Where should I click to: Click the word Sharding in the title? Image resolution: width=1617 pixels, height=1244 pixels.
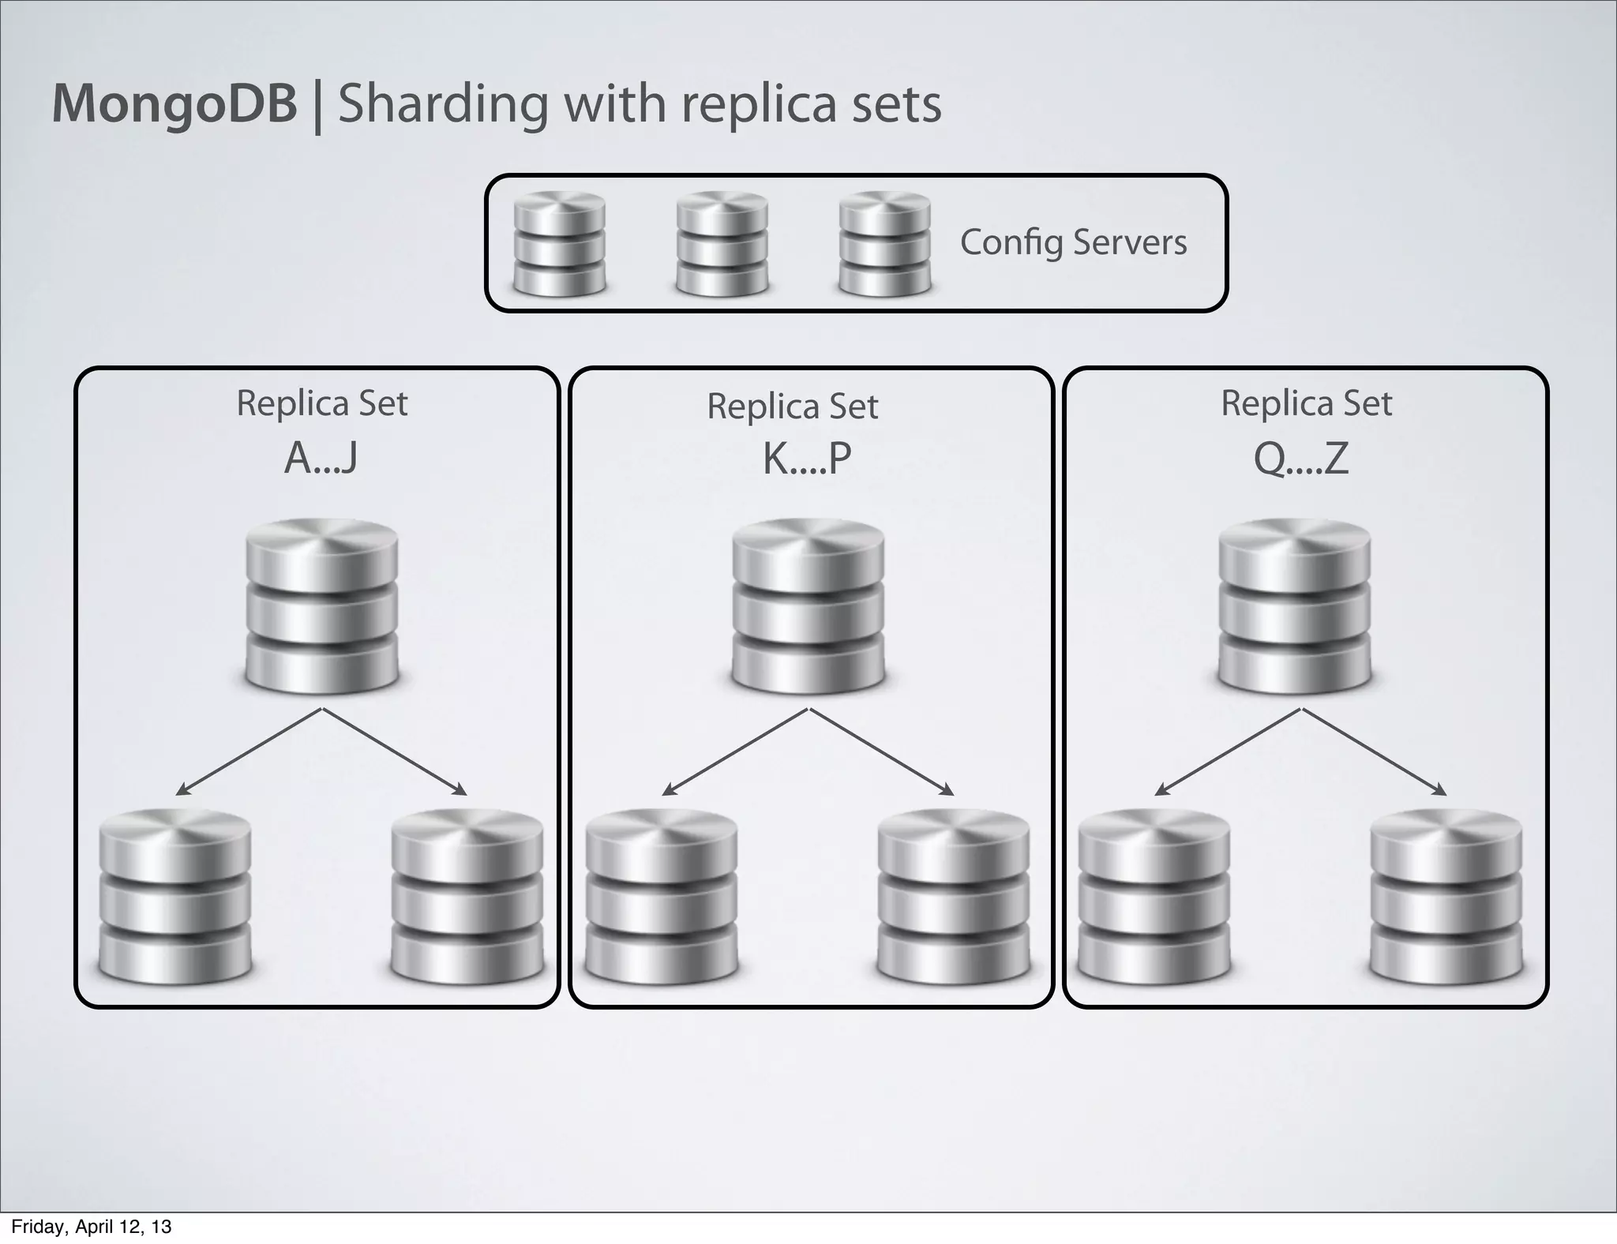pos(442,105)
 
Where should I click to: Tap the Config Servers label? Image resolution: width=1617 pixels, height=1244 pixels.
pos(1073,242)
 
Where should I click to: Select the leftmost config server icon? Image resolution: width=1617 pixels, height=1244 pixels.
pos(559,244)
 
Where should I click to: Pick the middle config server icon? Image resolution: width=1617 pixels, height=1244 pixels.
pos(722,244)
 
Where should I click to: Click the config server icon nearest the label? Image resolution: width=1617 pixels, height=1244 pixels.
pos(884,244)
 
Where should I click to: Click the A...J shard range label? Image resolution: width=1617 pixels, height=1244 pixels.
pos(321,458)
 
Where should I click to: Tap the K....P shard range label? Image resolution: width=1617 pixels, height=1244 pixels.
pos(807,459)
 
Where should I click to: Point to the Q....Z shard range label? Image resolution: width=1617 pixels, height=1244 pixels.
pos(1301,459)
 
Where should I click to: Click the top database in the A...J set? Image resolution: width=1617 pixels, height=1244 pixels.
pos(321,605)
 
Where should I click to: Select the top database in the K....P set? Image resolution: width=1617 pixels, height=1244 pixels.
pos(808,605)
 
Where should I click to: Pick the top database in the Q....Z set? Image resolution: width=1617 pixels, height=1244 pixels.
pos(1295,605)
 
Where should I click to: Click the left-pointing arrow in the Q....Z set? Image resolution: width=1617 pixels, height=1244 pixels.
pos(1227,752)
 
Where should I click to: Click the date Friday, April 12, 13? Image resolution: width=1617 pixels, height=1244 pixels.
pos(91,1227)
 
